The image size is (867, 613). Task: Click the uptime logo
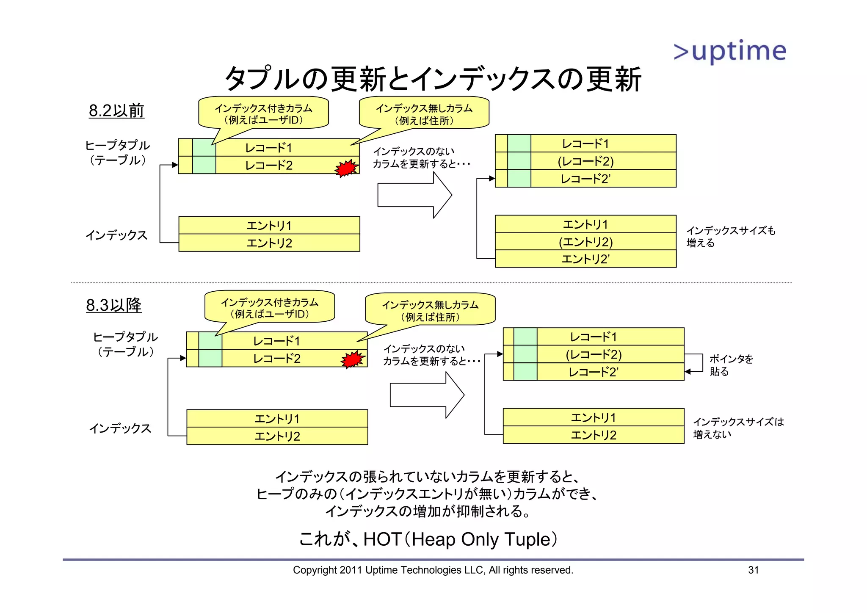click(730, 51)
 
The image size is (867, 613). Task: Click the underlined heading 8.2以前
click(116, 110)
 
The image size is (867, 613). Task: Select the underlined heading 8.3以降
click(113, 305)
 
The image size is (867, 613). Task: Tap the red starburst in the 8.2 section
click(346, 168)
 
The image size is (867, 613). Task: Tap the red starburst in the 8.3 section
click(353, 359)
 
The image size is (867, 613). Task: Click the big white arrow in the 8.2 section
click(414, 195)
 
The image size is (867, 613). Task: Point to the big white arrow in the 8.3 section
click(426, 395)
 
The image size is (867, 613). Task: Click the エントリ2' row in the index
click(585, 259)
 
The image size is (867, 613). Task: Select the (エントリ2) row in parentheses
click(585, 242)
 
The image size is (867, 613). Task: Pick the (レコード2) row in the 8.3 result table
click(594, 354)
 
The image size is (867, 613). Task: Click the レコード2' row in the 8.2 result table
click(585, 179)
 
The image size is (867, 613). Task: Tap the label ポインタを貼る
click(731, 365)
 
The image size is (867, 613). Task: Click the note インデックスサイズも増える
click(730, 237)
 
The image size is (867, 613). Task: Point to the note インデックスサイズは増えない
click(738, 428)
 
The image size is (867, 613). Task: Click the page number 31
click(753, 570)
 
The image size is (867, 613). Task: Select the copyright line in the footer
click(433, 570)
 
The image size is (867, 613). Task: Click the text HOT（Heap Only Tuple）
click(428, 539)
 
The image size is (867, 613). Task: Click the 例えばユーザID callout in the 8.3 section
click(270, 308)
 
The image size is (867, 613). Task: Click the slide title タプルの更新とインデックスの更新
click(433, 79)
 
